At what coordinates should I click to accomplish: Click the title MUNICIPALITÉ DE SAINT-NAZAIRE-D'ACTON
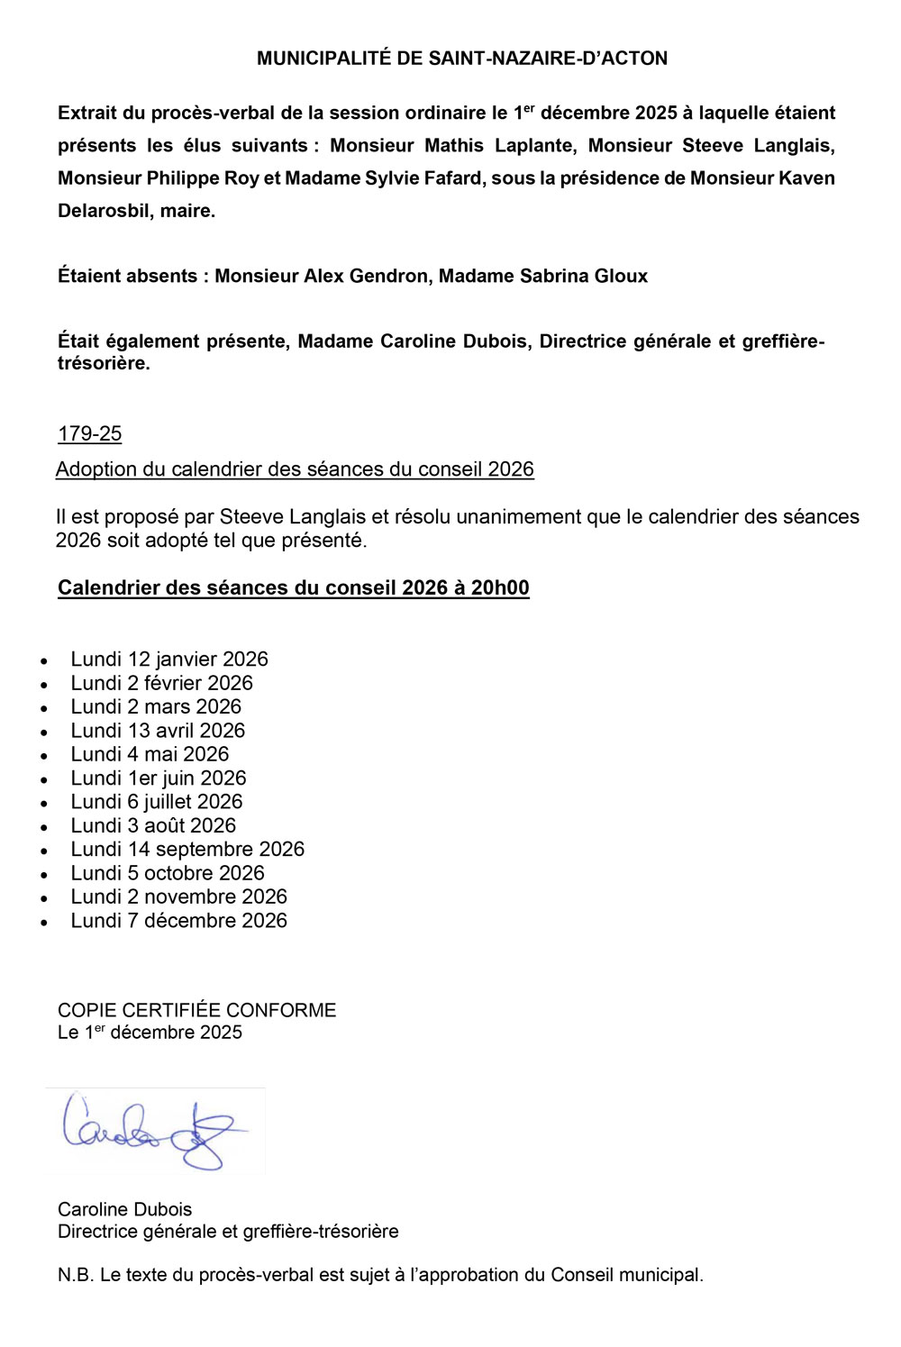(x=462, y=59)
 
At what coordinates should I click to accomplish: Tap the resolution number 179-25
(x=89, y=434)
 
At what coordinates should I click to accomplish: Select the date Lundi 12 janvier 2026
(x=169, y=660)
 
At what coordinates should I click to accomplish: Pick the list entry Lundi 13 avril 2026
(x=158, y=731)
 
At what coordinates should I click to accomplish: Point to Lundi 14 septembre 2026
(x=187, y=850)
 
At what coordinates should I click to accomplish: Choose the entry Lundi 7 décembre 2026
(x=178, y=921)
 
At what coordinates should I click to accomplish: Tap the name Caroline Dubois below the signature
(x=124, y=1209)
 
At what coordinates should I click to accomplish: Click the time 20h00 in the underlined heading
(x=500, y=588)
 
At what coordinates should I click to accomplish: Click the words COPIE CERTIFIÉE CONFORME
(x=196, y=1010)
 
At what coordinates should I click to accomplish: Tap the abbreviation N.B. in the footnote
(x=76, y=1275)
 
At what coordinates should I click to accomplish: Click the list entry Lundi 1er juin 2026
(x=159, y=778)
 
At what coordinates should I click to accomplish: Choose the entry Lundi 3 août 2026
(x=153, y=826)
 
